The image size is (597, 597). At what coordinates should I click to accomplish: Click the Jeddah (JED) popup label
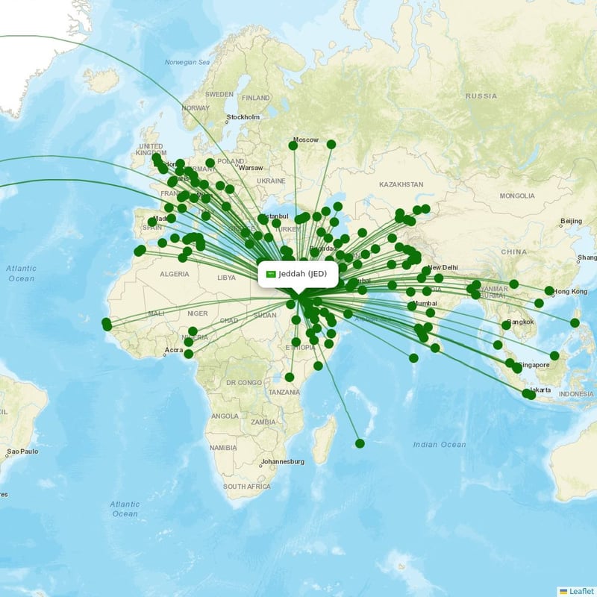[x=303, y=274]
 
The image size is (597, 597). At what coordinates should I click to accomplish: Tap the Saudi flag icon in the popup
[x=271, y=274]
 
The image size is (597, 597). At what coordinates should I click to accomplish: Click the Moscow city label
[x=305, y=140]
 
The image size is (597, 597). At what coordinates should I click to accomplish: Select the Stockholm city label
[x=243, y=117]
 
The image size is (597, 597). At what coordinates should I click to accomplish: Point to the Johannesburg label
[x=283, y=461]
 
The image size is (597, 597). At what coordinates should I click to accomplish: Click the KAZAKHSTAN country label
[x=401, y=184]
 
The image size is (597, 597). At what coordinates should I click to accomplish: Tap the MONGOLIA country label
[x=517, y=196]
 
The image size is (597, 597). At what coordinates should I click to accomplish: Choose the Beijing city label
[x=571, y=221]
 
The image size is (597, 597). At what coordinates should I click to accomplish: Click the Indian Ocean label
[x=439, y=445]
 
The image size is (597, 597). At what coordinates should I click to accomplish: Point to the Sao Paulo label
[x=22, y=452]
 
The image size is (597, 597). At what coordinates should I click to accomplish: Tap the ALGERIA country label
[x=175, y=274]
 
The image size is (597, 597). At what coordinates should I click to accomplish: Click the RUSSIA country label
[x=481, y=96]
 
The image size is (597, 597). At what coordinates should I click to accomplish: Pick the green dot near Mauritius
[x=360, y=443]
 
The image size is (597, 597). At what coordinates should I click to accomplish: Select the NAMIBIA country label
[x=223, y=447]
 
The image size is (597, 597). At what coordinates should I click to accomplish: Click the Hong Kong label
[x=569, y=291]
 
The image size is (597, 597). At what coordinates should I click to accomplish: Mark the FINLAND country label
[x=256, y=98]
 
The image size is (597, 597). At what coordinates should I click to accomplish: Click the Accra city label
[x=174, y=349]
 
